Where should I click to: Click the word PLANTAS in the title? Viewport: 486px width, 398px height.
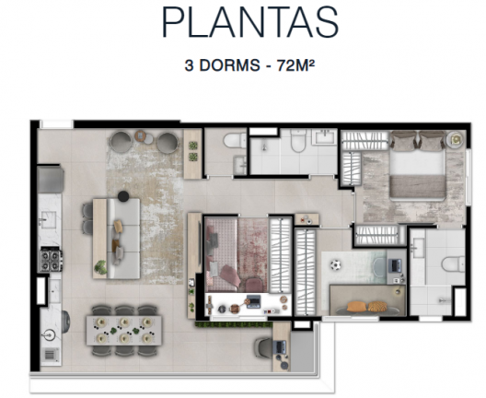249,22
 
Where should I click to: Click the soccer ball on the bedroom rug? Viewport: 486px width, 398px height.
335,265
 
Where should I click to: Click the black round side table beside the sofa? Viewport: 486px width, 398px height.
123,196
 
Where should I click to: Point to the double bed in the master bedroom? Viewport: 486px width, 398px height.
417,166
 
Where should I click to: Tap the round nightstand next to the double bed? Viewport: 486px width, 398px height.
456,139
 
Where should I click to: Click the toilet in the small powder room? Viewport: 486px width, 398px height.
235,141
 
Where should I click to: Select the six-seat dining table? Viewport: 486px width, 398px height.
124,330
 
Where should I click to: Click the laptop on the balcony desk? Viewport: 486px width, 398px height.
281,346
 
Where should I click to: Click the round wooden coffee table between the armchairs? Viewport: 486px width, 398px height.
141,135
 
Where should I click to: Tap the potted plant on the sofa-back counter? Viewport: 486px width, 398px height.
100,267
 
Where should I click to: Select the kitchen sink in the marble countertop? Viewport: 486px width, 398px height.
47,219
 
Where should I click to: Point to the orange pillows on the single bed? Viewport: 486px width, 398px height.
367,307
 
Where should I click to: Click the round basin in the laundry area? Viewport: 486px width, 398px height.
49,335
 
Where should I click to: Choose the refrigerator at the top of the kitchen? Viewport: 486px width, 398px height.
50,180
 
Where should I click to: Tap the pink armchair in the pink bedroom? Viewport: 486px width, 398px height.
230,275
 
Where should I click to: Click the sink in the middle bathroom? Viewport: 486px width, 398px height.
324,137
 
